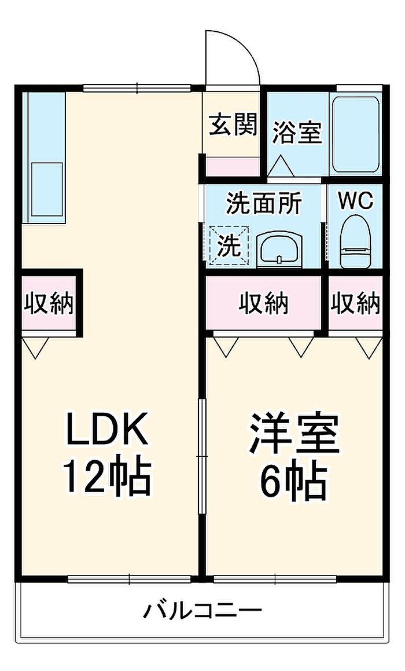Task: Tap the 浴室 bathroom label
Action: tap(297, 132)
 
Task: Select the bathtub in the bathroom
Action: tap(355, 134)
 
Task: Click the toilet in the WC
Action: tap(355, 241)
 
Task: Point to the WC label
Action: tap(355, 200)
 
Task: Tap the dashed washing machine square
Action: tap(229, 245)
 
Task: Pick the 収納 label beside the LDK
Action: tap(49, 303)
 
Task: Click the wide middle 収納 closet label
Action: tap(263, 303)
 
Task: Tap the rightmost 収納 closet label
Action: tap(355, 303)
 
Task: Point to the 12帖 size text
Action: tap(108, 478)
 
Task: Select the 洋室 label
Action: tap(294, 433)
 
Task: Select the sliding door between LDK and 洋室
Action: tap(202, 456)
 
